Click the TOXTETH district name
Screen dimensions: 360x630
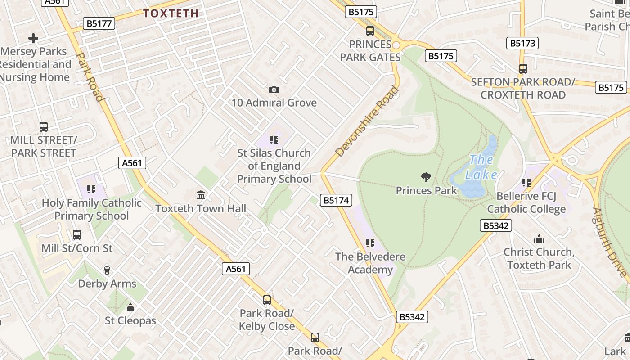click(171, 13)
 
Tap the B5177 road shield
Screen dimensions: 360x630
click(99, 23)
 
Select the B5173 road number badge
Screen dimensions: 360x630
click(523, 43)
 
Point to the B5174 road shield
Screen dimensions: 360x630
click(336, 200)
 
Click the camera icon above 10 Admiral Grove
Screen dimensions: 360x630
click(274, 90)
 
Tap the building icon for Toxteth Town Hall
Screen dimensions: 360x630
click(201, 195)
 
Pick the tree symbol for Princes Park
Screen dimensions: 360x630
click(426, 177)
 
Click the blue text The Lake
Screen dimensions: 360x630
click(481, 167)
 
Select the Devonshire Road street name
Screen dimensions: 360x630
click(367, 121)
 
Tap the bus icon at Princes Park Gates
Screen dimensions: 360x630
click(370, 31)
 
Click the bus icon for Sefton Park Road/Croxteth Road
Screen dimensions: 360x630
click(523, 69)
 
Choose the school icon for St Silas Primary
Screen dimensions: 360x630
click(274, 140)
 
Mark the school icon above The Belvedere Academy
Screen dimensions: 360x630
click(370, 243)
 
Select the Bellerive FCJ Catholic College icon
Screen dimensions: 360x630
click(526, 183)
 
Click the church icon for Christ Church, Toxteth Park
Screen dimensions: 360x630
click(539, 239)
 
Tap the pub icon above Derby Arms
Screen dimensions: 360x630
click(107, 270)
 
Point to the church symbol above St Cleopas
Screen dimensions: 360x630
click(130, 307)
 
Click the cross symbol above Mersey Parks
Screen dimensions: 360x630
click(33, 38)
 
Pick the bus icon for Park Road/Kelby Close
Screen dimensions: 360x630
click(267, 300)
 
